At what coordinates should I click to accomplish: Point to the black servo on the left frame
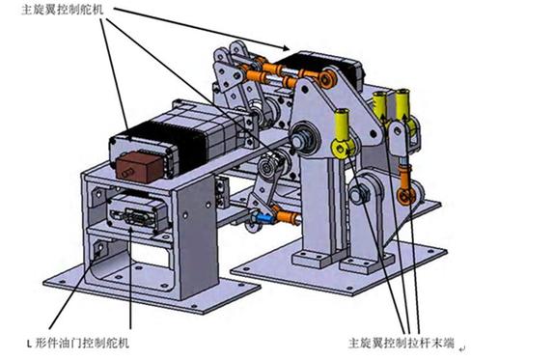[175, 141]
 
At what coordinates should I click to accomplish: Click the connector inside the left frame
[136, 208]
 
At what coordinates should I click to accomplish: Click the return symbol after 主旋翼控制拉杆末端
[463, 344]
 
